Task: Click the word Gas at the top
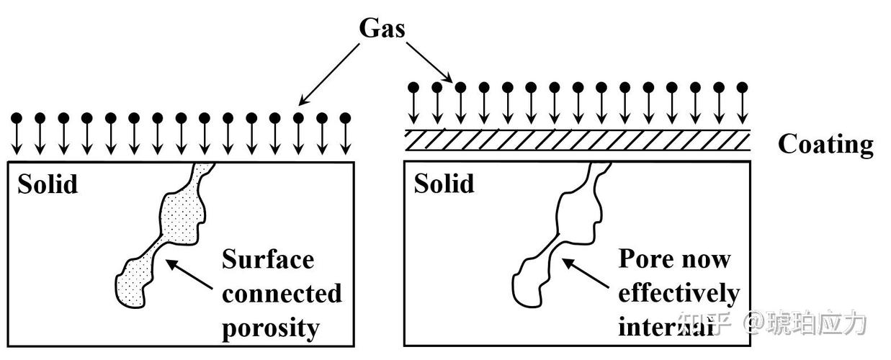point(382,28)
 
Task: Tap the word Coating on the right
point(825,145)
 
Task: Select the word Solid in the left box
point(48,184)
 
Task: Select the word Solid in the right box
point(444,184)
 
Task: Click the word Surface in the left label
point(268,260)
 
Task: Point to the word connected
point(282,294)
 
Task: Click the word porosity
point(271,328)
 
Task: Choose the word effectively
point(679,294)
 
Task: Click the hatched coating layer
point(578,140)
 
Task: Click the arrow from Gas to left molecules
point(329,74)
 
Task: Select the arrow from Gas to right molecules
point(429,63)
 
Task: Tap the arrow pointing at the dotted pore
point(189,274)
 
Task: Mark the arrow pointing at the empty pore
point(585,273)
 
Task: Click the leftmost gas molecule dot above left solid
point(17,118)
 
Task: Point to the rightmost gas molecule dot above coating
point(742,88)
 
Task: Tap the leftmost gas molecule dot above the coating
point(413,88)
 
